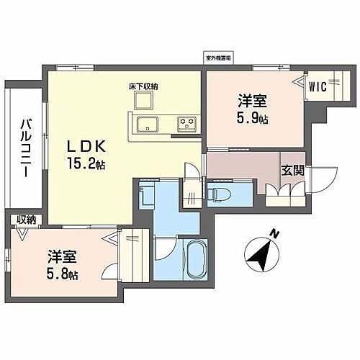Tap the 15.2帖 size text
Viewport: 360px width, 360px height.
[x=88, y=165]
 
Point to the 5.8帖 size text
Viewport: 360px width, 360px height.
[x=63, y=275]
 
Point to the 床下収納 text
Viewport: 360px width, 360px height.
[x=143, y=87]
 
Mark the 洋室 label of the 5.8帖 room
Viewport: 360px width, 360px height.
[x=63, y=257]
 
